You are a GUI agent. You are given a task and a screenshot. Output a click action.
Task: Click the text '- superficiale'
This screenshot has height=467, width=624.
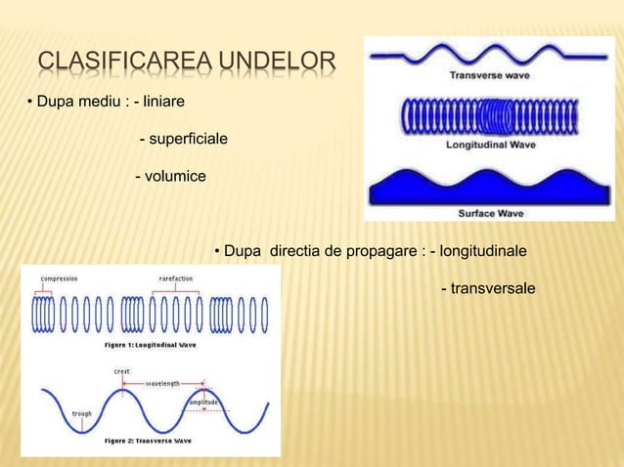point(183,142)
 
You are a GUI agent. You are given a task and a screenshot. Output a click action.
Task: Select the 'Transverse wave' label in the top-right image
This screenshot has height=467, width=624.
point(489,74)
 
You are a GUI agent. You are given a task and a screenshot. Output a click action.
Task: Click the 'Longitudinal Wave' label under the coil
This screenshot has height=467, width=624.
point(489,144)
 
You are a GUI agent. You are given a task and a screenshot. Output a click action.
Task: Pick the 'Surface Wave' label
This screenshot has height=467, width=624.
point(489,212)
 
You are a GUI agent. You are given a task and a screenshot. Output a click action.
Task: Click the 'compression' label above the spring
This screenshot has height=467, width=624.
point(59,278)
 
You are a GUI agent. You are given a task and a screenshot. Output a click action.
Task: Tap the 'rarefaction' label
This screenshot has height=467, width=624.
point(176,278)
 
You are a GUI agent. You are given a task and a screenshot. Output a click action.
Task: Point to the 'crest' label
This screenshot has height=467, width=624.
point(122,371)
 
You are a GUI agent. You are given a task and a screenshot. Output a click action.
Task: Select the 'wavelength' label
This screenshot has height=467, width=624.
point(162,384)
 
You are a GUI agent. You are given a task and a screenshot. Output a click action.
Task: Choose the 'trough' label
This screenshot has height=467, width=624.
point(81,413)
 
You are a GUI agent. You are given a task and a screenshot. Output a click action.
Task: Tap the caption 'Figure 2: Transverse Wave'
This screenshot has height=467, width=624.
point(148,441)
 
